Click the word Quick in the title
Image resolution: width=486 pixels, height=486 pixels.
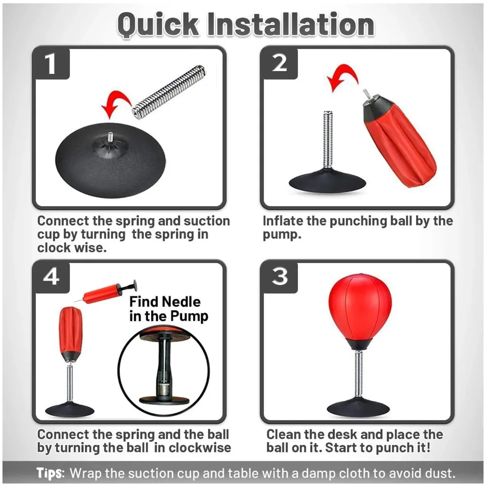tap(158, 25)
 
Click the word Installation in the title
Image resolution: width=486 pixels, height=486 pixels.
tap(291, 24)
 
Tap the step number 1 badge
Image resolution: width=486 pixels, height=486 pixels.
tap(51, 63)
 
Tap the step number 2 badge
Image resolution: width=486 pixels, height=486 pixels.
tap(279, 63)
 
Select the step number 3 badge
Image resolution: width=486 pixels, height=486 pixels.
tap(279, 277)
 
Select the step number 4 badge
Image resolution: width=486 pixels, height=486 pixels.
tap(51, 277)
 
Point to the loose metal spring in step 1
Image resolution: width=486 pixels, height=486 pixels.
tap(169, 91)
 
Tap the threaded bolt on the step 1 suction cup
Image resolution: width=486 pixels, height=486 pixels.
tap(110, 137)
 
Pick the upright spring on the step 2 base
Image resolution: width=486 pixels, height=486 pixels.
tap(328, 140)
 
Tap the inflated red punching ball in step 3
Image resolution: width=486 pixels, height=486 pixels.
tap(360, 311)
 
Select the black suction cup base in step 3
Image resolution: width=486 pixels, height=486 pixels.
tap(358, 408)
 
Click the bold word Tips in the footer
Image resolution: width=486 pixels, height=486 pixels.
tap(51, 473)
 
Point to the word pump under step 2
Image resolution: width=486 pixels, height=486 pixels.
tap(282, 235)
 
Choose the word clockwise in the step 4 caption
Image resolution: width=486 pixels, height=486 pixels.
tap(200, 448)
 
